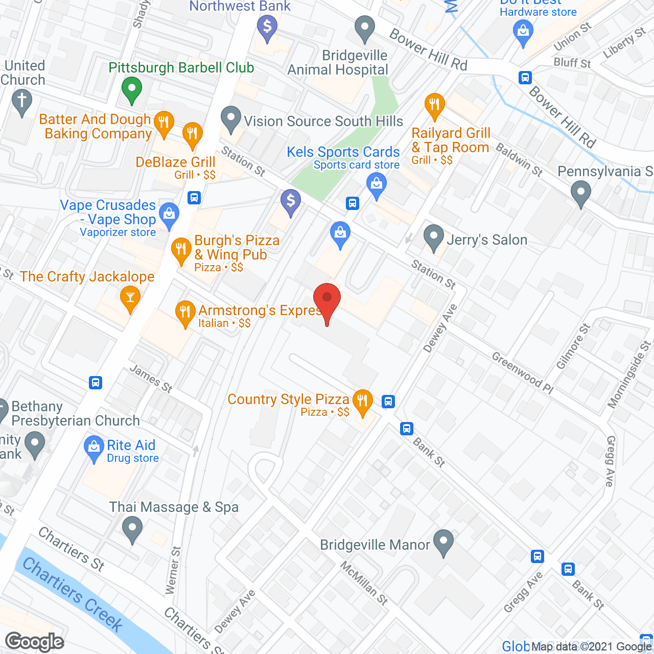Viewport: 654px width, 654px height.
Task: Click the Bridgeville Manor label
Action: [x=375, y=545]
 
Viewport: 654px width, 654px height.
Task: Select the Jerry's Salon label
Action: [x=487, y=240]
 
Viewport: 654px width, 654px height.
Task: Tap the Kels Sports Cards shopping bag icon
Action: [x=377, y=184]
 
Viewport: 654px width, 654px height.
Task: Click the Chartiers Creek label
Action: [x=73, y=595]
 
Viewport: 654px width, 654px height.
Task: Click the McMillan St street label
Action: [x=364, y=583]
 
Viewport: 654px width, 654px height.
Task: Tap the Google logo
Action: [x=35, y=641]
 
